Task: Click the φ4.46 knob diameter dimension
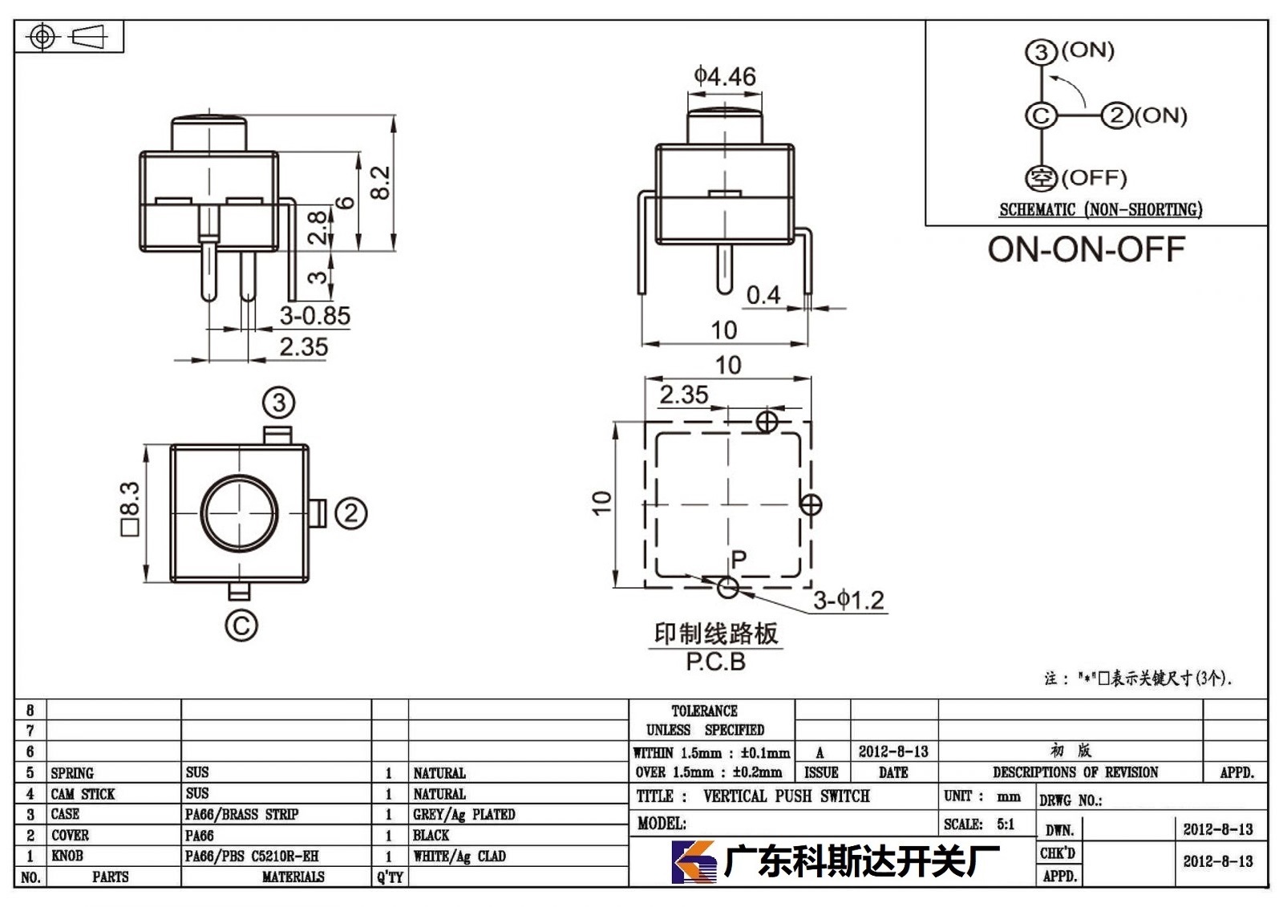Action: [725, 76]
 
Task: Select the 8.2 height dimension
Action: [380, 183]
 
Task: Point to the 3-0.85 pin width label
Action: [315, 316]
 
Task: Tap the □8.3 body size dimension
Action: [130, 509]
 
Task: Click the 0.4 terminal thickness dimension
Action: [763, 296]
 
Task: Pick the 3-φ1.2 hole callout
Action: [849, 601]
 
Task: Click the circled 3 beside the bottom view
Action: [279, 403]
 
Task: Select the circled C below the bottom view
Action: [241, 625]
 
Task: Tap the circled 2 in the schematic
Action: [1116, 115]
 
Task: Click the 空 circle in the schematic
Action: [1041, 178]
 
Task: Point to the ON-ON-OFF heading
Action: [1086, 250]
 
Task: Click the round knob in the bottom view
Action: [240, 513]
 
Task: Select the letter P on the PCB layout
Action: [739, 559]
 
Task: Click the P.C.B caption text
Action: [716, 662]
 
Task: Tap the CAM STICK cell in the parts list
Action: [83, 794]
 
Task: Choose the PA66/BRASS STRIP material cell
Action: [241, 815]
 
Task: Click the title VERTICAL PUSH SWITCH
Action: [787, 796]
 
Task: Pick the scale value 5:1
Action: [1006, 824]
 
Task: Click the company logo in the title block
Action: [694, 862]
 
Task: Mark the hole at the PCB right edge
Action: [811, 504]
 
